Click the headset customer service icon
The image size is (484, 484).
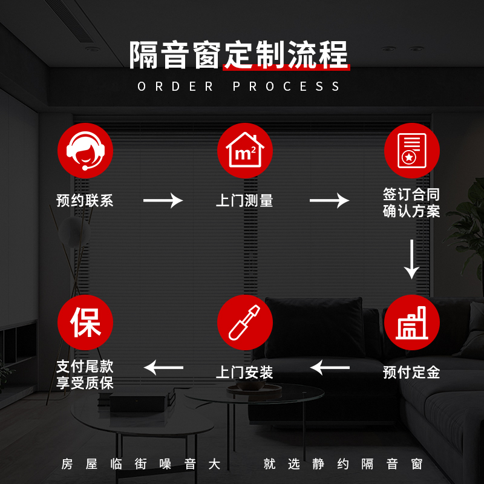tap(85, 151)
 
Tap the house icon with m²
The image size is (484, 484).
tap(245, 151)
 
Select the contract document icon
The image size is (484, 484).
tap(412, 151)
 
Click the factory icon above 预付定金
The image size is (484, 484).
tap(412, 322)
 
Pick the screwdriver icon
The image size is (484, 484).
tap(245, 322)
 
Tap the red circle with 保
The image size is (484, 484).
tap(85, 322)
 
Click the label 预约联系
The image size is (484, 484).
tap(85, 201)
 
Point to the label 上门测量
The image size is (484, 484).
tap(244, 201)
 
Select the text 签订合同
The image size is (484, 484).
tap(411, 195)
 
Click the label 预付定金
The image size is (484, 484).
tap(411, 372)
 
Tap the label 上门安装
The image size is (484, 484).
tap(244, 372)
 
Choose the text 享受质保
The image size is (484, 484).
tap(85, 382)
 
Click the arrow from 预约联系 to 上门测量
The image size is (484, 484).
tap(163, 201)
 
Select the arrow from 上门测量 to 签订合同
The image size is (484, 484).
tap(330, 201)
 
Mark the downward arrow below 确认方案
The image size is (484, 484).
tap(412, 259)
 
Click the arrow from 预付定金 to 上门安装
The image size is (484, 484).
tap(330, 367)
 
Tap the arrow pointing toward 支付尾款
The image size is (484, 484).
tap(163, 367)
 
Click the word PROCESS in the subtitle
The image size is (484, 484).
tap(287, 87)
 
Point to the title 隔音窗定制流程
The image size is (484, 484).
tap(240, 56)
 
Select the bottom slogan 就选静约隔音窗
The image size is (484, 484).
tap(343, 465)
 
